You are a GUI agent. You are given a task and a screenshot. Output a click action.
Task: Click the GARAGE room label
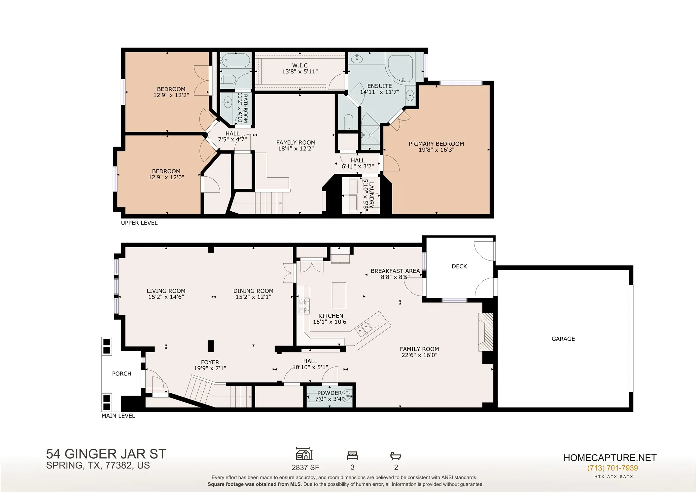click(563, 339)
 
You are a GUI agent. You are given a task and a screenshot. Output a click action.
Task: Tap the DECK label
click(459, 266)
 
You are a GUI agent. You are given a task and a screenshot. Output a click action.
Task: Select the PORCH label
click(122, 374)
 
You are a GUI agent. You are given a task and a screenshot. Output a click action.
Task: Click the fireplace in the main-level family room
click(486, 332)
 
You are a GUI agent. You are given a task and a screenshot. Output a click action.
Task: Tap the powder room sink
click(347, 395)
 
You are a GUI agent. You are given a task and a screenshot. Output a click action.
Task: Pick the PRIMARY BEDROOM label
click(436, 144)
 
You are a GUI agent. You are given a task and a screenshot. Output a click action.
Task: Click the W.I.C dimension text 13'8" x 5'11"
click(300, 71)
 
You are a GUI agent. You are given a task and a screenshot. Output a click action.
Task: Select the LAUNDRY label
click(371, 195)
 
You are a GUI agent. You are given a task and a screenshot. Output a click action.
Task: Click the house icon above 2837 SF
click(304, 454)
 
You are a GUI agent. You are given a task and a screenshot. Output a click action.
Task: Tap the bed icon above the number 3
click(352, 456)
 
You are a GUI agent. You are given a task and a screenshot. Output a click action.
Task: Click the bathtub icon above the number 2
click(396, 456)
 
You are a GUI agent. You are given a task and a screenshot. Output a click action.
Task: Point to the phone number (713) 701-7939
click(612, 468)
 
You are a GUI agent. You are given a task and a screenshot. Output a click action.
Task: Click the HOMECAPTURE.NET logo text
click(610, 458)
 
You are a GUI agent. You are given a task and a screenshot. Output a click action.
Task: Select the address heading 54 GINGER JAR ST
click(106, 454)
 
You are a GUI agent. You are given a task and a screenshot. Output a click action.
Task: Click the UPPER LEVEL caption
click(139, 223)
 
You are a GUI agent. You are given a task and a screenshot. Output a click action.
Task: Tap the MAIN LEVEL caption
click(118, 416)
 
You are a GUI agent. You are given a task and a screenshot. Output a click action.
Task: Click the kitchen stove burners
click(304, 306)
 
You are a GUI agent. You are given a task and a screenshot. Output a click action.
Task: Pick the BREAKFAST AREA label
click(395, 271)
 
